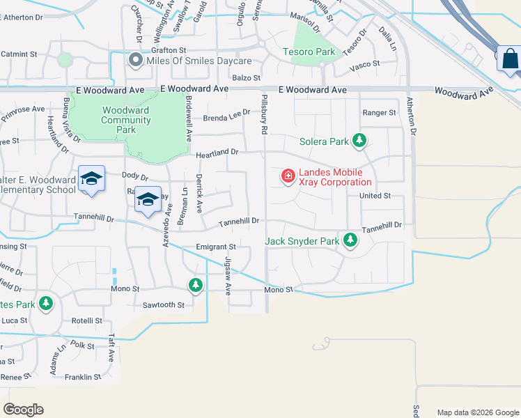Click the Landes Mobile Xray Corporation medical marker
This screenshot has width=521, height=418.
(288, 177)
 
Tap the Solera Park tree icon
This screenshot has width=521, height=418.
(359, 141)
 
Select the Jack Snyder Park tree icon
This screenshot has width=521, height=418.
(350, 242)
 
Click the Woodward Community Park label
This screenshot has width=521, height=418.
(126, 120)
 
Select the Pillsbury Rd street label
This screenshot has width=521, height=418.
(265, 116)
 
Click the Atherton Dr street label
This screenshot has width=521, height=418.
(412, 116)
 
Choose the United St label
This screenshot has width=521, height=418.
(375, 196)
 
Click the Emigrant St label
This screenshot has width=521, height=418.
(216, 247)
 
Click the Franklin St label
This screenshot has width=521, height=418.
(83, 377)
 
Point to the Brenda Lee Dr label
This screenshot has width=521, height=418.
(226, 118)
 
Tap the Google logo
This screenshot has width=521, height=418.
(23, 410)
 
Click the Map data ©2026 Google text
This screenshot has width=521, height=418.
(477, 412)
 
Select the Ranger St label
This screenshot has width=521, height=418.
(379, 112)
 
